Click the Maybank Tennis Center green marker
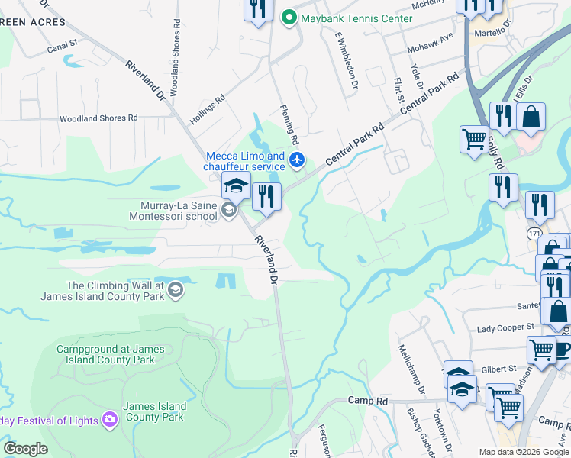[x=289, y=17]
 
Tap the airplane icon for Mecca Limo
[x=297, y=160]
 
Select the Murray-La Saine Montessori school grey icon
[x=228, y=210]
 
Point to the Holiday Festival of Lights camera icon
[x=110, y=419]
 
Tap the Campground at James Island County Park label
[x=110, y=354]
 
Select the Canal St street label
[x=63, y=46]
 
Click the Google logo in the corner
[x=25, y=449]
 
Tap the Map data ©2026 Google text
[x=523, y=452]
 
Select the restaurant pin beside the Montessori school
[x=266, y=198]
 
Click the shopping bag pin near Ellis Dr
[x=531, y=118]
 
